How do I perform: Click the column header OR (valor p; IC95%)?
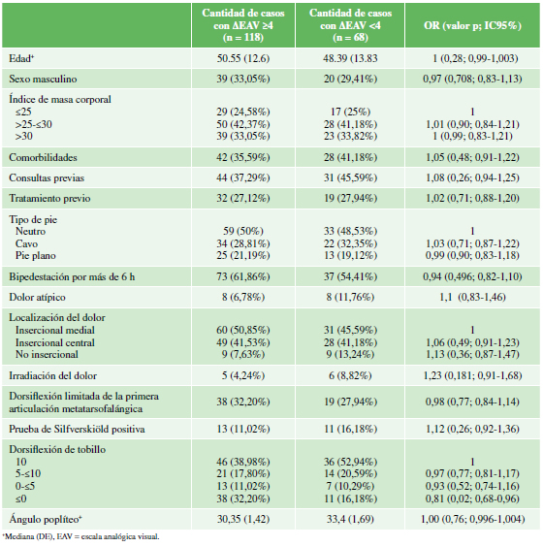(472, 25)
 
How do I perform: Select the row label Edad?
(21, 58)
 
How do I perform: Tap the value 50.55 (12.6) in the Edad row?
(243, 58)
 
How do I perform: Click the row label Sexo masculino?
(43, 79)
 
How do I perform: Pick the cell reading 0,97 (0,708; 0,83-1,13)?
(472, 79)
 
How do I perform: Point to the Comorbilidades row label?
(43, 157)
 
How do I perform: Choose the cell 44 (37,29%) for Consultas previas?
(243, 177)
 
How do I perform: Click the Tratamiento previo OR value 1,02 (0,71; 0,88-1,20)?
(472, 198)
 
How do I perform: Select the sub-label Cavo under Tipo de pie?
(26, 243)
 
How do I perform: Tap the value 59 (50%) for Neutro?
(243, 231)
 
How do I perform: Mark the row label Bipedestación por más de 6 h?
(72, 276)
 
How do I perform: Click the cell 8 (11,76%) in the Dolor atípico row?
(350, 297)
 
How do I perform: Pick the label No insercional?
(47, 354)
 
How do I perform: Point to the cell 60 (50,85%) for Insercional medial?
(243, 330)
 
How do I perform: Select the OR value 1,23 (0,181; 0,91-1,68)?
(472, 375)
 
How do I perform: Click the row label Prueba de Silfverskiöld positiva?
(77, 429)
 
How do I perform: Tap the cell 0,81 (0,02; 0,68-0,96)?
(472, 499)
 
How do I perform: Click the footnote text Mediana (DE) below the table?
(19, 536)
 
